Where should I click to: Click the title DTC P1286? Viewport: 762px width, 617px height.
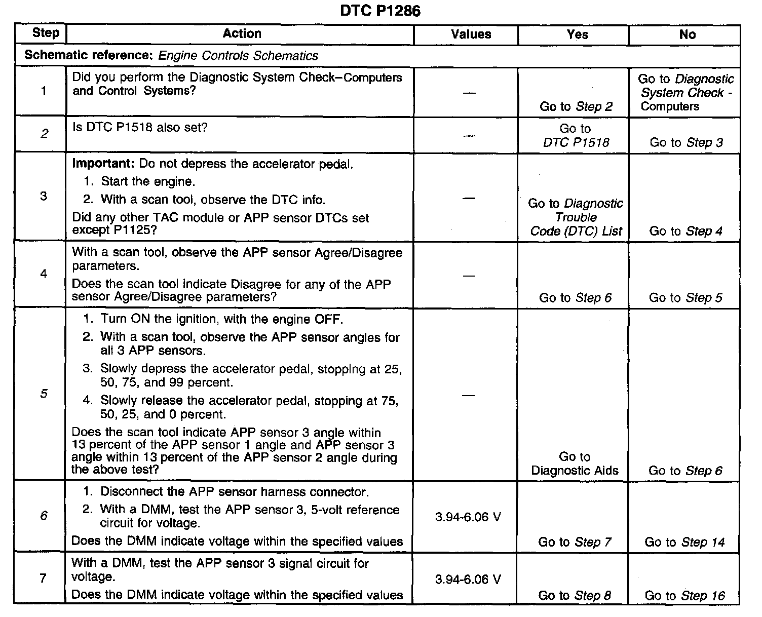(x=380, y=11)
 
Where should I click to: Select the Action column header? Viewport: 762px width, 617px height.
(x=242, y=34)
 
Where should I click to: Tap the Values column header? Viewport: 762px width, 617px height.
(x=471, y=34)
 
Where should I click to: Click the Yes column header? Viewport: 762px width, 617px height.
(x=577, y=34)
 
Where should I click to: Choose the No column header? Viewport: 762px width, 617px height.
(x=687, y=34)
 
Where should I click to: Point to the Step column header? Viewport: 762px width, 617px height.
(x=46, y=33)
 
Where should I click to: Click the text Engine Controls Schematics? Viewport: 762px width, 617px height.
(x=238, y=56)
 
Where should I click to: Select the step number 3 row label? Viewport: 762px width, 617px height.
(x=44, y=196)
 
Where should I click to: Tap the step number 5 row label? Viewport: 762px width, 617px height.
(x=44, y=394)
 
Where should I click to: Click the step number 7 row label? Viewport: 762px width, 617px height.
(x=44, y=578)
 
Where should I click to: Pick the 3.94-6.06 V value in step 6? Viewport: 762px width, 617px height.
(x=468, y=517)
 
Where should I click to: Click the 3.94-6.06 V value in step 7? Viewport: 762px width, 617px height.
(x=468, y=579)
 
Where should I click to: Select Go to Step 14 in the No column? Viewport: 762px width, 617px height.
(x=684, y=542)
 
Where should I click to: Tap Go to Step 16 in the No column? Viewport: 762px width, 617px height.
(x=684, y=596)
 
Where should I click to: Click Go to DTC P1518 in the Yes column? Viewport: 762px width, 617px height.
(x=576, y=136)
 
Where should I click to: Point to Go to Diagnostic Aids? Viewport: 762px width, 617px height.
(x=575, y=464)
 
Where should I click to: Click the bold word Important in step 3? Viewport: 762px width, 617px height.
(x=103, y=164)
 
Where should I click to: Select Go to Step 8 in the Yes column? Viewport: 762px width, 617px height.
(x=575, y=596)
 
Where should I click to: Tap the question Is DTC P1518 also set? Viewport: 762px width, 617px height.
(x=140, y=127)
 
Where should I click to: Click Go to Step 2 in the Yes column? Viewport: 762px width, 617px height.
(x=576, y=106)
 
